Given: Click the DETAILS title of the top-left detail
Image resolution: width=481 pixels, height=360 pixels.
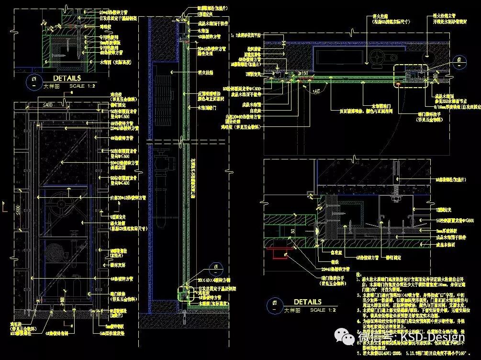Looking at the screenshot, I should coord(67,78).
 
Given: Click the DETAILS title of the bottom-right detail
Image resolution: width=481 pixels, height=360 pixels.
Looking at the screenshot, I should coord(307,302).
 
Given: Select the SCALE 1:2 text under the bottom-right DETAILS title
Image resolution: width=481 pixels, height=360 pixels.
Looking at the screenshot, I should coord(323,310).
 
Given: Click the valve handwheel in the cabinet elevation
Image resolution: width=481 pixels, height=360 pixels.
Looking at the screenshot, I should coord(61,204).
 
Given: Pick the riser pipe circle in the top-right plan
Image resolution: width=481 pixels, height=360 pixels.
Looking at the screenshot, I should coord(426,56).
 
